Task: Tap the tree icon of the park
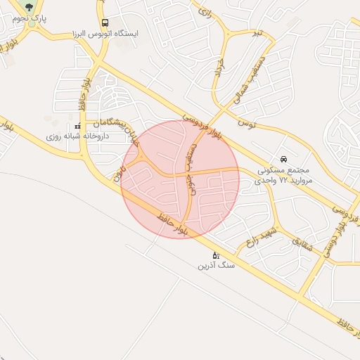(x=29, y=8)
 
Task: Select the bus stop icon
(x=105, y=22)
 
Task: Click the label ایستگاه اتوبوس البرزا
(x=105, y=34)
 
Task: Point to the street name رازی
(x=205, y=12)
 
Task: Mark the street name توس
(x=245, y=124)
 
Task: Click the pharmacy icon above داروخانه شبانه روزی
(x=77, y=127)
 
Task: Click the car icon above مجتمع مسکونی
(x=283, y=159)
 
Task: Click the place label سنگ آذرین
(x=216, y=266)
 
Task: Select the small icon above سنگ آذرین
(x=216, y=255)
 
